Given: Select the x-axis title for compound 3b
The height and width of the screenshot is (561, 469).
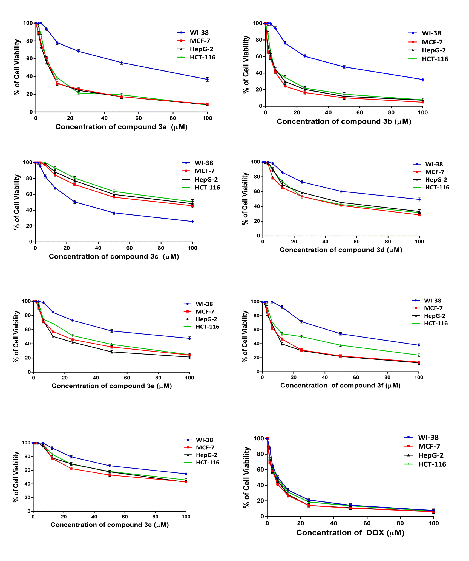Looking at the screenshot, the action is tap(344, 121).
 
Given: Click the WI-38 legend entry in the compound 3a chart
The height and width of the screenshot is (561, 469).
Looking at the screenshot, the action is tap(193, 33).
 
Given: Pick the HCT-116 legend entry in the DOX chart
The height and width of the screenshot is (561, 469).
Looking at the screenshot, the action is tap(425, 464).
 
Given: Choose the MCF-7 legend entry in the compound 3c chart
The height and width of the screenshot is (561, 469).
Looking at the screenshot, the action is tap(198, 171).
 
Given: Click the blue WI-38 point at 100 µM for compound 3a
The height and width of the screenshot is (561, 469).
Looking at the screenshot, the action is tap(207, 80).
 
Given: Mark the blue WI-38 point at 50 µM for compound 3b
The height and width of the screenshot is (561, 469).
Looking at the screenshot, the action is tap(344, 67).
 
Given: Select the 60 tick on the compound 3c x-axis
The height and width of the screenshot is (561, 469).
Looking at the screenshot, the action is tap(130, 248).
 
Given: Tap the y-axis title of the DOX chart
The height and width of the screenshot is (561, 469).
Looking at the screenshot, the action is tap(247, 477).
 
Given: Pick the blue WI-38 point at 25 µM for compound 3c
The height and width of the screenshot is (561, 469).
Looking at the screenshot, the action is tap(75, 202).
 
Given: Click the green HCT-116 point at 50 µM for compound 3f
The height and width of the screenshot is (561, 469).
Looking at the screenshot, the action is tap(341, 345).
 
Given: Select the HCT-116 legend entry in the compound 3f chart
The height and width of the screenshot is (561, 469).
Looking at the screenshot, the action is tap(430, 323).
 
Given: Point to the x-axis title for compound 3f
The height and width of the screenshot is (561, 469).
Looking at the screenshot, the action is tap(340, 386).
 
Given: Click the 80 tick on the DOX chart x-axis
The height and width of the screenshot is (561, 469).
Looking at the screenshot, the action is tap(400, 523).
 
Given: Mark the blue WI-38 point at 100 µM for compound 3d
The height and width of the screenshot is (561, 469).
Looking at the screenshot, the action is tap(419, 199).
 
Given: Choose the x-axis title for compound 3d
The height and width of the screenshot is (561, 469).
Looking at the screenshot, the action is tap(341, 250).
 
